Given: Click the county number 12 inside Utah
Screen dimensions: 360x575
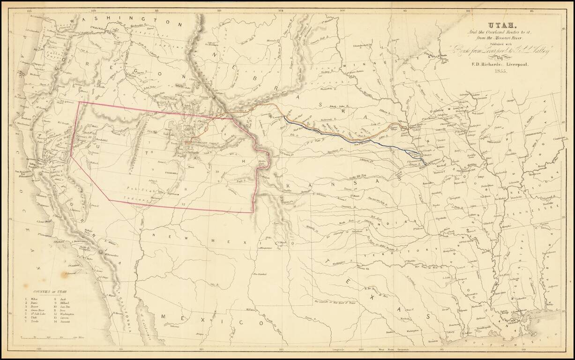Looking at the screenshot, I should [x=183, y=204].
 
